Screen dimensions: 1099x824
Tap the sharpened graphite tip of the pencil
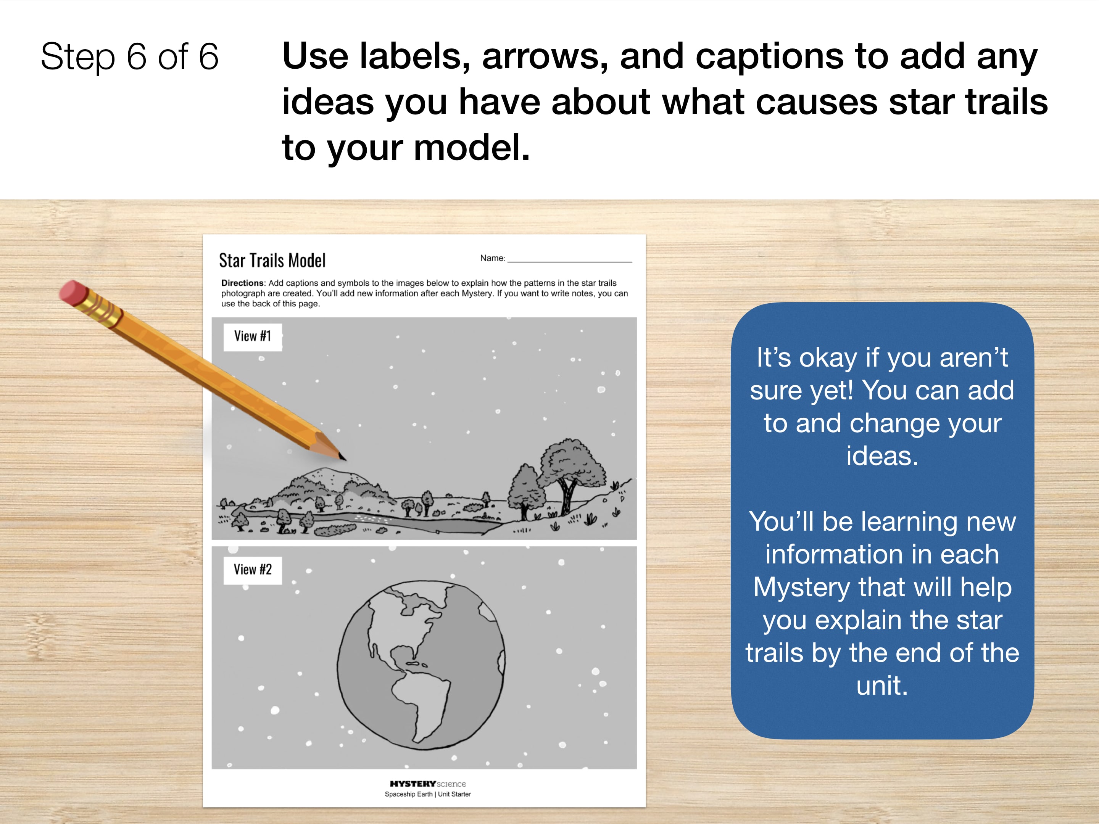pos(342,457)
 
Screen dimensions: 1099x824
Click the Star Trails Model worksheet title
pos(272,260)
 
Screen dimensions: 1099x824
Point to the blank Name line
pos(569,261)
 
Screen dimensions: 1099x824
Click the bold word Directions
pos(242,283)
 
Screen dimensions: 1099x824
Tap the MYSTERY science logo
pos(428,784)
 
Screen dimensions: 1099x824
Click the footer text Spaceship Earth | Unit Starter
pos(428,794)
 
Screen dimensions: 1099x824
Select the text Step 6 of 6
pos(130,56)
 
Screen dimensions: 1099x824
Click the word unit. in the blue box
pos(882,686)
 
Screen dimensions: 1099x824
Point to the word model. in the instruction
pos(472,148)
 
